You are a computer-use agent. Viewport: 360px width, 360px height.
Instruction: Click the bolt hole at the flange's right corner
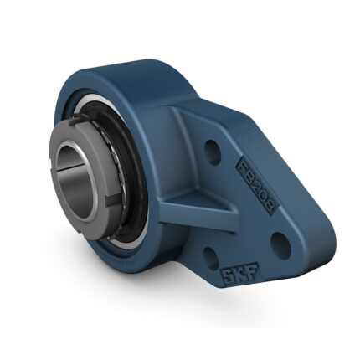coord(281,245)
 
